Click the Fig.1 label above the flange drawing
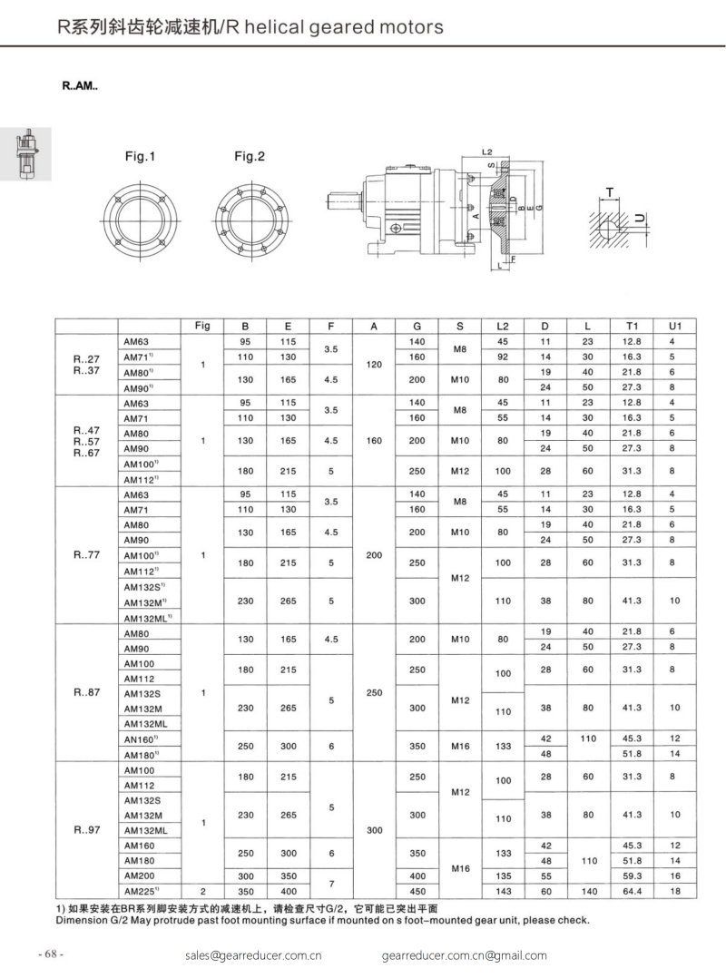point(141,157)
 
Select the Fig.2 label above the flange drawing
point(250,157)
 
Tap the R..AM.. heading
point(81,88)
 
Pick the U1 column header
point(673,326)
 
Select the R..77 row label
point(87,555)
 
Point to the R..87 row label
point(87,692)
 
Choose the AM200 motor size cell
point(140,875)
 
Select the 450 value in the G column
point(417,891)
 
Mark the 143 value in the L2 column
point(503,891)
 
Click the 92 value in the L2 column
point(503,357)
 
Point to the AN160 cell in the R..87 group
point(143,739)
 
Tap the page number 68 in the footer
point(50,954)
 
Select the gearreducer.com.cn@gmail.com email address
point(465,954)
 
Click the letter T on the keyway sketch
point(610,191)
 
